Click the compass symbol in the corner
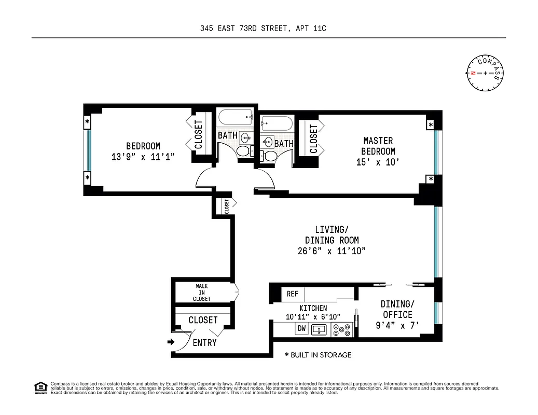tap(485, 73)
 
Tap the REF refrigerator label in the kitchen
tap(293, 294)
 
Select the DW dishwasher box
tap(301, 328)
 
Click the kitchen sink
tap(319, 328)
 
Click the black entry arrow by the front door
tap(171, 342)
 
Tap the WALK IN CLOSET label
tap(203, 293)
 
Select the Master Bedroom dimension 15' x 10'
tap(379, 162)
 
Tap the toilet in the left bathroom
tap(244, 151)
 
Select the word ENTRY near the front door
tap(204, 343)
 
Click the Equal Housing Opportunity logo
tap(39, 387)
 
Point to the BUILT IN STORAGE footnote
tap(318, 355)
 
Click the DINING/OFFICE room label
tap(397, 309)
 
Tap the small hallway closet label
tap(227, 206)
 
